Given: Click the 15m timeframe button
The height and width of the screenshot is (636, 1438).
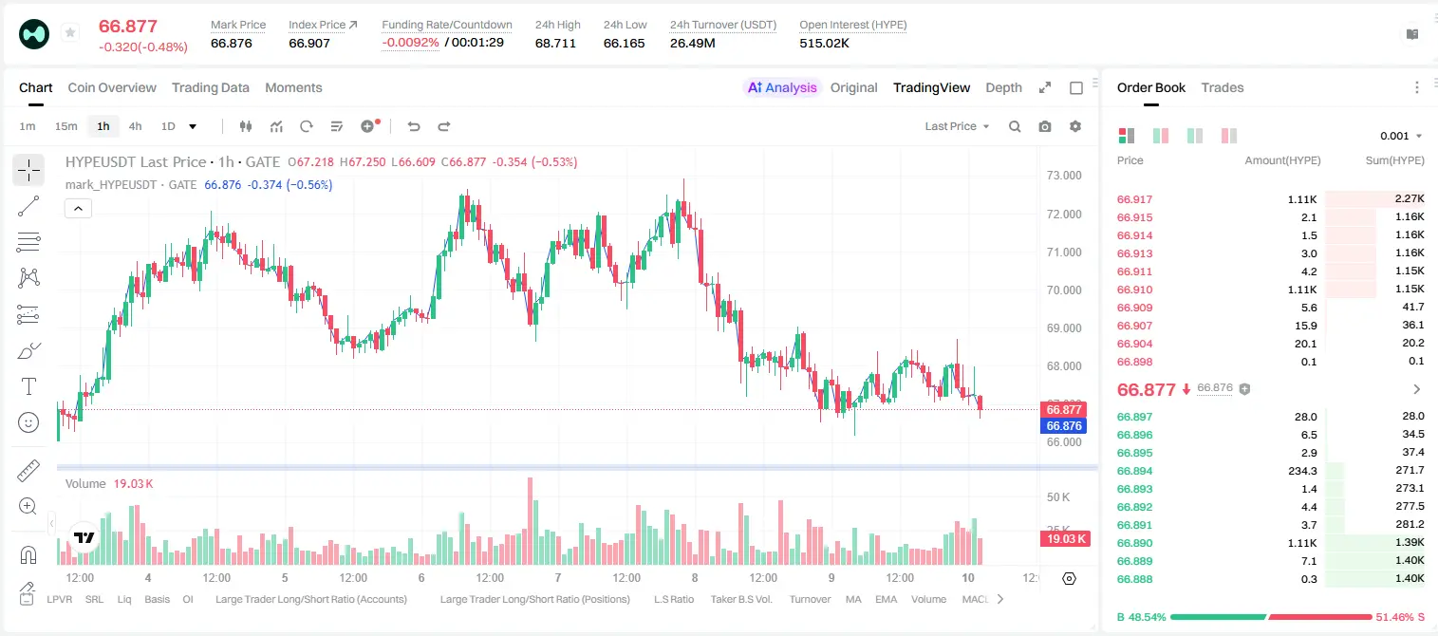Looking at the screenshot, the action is tap(66, 126).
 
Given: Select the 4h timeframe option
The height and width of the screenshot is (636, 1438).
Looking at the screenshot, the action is tap(135, 126).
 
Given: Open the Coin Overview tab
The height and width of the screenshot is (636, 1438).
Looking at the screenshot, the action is tap(112, 87).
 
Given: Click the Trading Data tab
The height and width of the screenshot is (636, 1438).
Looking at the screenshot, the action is tap(210, 87).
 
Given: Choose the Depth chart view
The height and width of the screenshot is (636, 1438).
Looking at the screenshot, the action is tap(1003, 87).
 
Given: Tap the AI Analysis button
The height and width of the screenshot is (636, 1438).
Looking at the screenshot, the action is tap(782, 87).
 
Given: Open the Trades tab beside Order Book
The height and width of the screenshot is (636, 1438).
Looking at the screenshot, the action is tap(1223, 87).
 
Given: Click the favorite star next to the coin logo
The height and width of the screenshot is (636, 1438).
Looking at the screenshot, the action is tap(70, 32).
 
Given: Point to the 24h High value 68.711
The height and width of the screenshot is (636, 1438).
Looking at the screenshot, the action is tap(555, 43).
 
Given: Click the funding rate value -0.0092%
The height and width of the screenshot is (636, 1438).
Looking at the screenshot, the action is tap(410, 43).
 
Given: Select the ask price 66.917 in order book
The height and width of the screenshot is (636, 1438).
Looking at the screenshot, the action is tap(1134, 199).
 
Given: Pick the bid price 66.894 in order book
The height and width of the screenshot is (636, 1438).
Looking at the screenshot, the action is tap(1134, 471).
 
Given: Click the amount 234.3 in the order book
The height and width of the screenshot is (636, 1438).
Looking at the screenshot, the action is tap(1302, 471).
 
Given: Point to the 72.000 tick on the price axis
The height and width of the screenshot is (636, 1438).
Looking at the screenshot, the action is tap(1064, 214).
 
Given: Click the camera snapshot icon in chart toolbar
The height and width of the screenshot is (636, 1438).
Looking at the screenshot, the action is tap(1045, 126).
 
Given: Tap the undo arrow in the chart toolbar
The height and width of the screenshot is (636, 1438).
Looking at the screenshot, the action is tap(414, 126).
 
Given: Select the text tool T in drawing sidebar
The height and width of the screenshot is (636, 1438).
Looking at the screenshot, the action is tap(28, 386).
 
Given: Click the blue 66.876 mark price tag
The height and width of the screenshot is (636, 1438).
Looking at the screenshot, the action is tap(1064, 425).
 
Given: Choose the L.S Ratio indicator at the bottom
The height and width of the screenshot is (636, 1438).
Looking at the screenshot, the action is tap(673, 599).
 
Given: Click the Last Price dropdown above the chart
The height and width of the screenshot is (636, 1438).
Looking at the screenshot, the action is tap(957, 126).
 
